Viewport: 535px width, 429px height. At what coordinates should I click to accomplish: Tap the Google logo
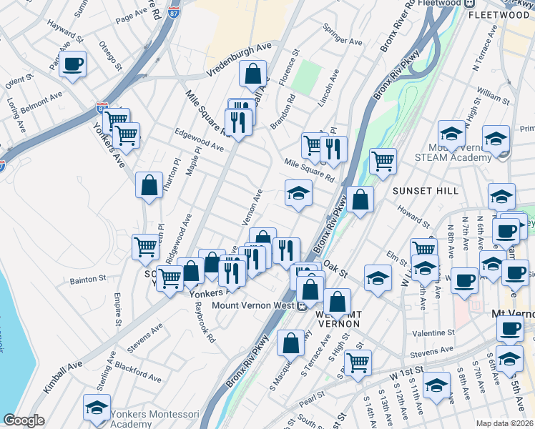click(24, 420)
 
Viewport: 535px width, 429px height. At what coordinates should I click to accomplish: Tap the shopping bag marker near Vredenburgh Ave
click(253, 74)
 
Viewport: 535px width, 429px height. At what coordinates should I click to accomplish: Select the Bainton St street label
click(88, 279)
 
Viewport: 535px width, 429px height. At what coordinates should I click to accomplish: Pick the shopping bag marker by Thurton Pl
click(148, 185)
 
